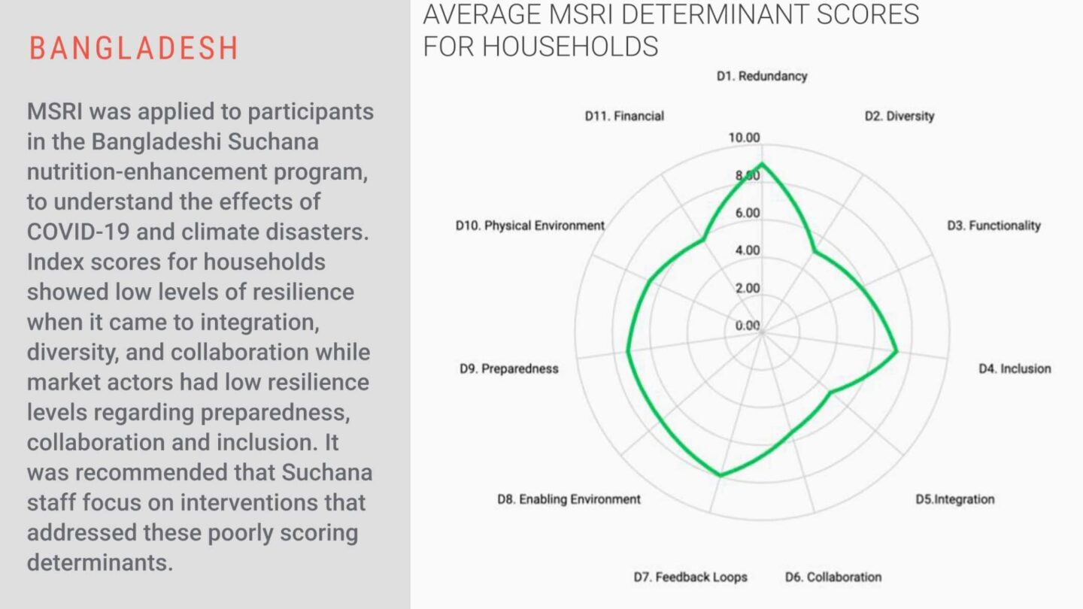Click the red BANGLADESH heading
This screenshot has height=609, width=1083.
click(x=134, y=48)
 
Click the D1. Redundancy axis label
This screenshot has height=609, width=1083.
click(x=761, y=76)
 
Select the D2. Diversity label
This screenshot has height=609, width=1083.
click(x=899, y=116)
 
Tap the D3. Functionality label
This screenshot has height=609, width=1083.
click(x=993, y=226)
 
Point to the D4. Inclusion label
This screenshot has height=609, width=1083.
click(x=1014, y=368)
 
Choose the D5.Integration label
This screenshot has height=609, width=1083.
click(x=954, y=499)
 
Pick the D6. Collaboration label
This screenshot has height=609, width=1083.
click(x=833, y=577)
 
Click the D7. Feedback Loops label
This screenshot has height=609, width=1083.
click(x=690, y=577)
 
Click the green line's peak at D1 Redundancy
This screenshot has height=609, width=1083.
click(x=762, y=164)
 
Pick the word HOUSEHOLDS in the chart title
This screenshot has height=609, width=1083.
click(x=570, y=47)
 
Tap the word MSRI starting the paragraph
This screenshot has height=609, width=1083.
click(x=54, y=111)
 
